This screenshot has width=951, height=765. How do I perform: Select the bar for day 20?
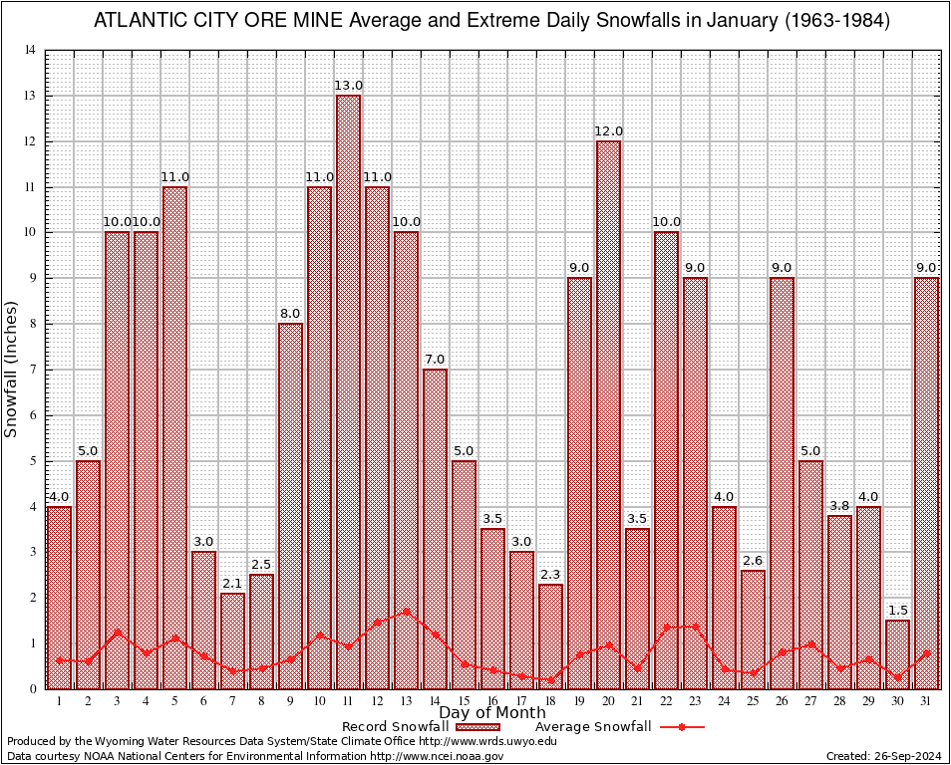608,414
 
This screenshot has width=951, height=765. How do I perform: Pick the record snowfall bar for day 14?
435,528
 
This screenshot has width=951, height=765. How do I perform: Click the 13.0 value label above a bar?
349,87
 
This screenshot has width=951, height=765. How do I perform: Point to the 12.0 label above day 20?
608,131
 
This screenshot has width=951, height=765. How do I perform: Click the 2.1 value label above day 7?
232,584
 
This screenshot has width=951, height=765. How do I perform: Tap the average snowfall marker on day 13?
406,611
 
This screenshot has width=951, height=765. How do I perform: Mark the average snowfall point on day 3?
118,632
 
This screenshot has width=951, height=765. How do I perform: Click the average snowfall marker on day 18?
550,679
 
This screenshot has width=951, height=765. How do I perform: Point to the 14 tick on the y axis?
32,51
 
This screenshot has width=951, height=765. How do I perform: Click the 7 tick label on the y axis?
33,370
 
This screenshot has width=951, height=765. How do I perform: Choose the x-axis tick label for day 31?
926,700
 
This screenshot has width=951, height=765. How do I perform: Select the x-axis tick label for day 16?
492,700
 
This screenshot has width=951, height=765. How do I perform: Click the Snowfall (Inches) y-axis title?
11,370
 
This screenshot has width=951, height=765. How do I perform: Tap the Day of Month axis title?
492,712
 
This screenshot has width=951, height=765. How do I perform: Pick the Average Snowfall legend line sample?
682,727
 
